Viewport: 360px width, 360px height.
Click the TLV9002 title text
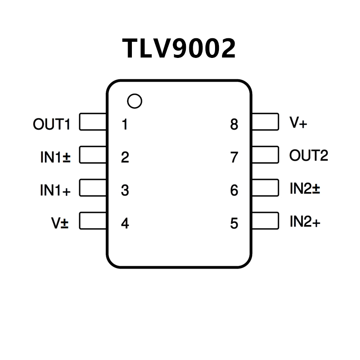[179, 48]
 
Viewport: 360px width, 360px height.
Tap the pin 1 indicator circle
[135, 101]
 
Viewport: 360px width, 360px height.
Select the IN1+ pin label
[55, 190]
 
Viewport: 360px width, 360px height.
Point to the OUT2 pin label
[309, 155]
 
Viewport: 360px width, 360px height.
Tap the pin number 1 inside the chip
[125, 124]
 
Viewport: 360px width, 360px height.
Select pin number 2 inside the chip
[125, 157]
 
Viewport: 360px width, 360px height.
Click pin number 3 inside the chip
[125, 190]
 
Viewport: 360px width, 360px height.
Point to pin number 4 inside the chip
[125, 223]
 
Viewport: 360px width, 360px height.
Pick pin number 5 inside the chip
[234, 223]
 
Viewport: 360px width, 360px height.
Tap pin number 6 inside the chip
[234, 190]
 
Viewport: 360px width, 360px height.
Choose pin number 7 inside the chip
[234, 157]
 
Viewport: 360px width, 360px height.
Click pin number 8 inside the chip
[234, 124]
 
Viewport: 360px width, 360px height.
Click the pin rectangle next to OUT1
[93, 122]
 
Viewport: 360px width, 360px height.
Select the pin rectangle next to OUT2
[265, 155]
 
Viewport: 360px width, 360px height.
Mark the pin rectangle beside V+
[265, 121]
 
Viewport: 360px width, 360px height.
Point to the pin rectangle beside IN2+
[265, 221]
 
